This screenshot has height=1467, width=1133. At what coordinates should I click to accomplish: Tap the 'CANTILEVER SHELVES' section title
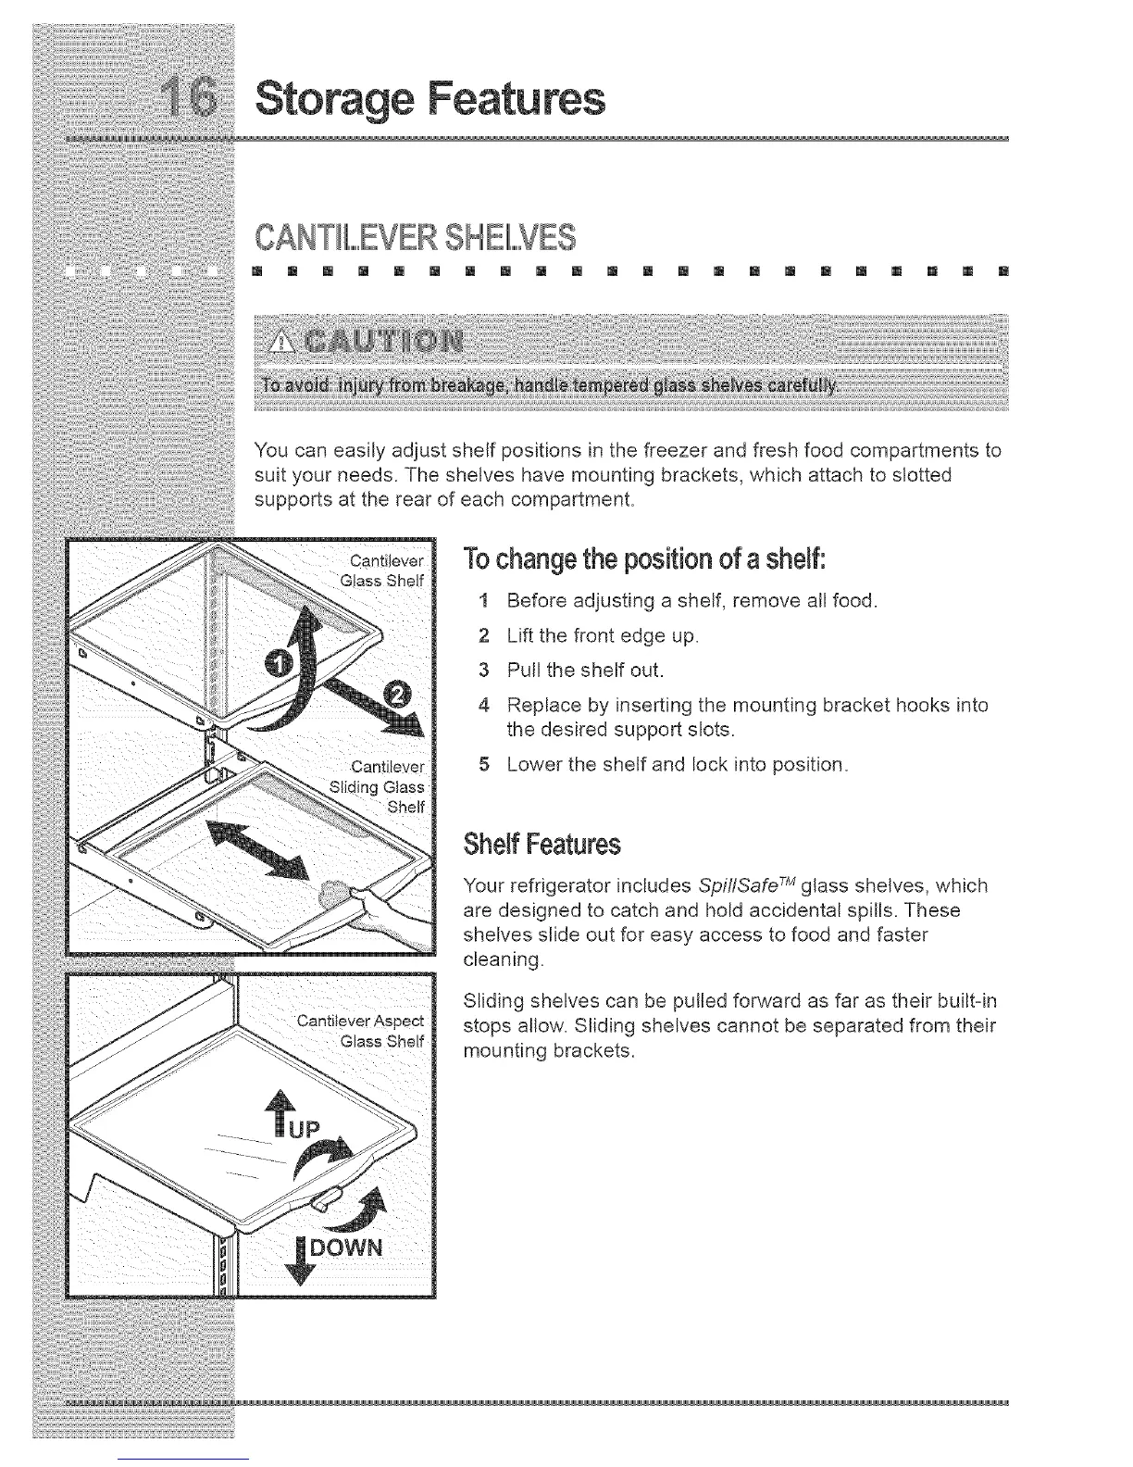click(413, 237)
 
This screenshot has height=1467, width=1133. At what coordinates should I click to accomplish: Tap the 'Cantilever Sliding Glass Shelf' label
click(380, 786)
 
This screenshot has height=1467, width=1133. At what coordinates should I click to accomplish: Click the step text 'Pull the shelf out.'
click(585, 670)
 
